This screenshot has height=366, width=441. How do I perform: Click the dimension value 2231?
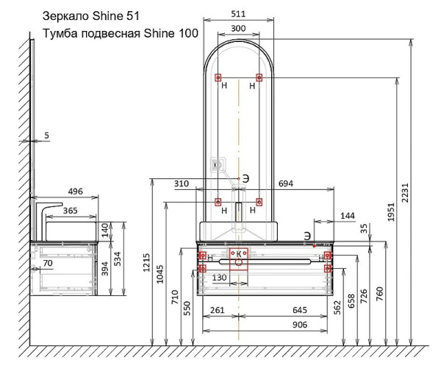coord(405,193)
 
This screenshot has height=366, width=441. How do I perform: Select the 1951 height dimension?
coord(391,212)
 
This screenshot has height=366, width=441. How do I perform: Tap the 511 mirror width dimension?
coord(238,14)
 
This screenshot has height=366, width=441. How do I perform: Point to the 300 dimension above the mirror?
coord(238,28)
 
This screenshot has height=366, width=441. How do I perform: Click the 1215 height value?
coord(146,263)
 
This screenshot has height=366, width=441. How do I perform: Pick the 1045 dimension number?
coord(159,274)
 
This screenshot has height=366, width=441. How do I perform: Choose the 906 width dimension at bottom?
coord(300,325)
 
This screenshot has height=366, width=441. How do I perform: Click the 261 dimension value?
coord(218,310)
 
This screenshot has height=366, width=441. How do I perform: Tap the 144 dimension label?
coord(348,216)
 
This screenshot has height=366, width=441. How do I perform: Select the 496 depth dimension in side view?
coord(76,191)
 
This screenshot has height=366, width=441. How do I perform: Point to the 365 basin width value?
coord(70,211)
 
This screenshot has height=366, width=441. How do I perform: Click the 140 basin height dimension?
coord(104,230)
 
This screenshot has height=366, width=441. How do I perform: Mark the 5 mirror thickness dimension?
coord(47,136)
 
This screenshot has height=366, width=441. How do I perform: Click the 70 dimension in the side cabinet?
coord(48,263)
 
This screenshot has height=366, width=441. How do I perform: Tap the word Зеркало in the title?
coord(65,16)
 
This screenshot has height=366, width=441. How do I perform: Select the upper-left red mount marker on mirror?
coord(218,77)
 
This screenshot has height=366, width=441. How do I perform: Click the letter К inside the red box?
coord(238,254)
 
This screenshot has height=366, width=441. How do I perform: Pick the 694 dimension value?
coord(286,183)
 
